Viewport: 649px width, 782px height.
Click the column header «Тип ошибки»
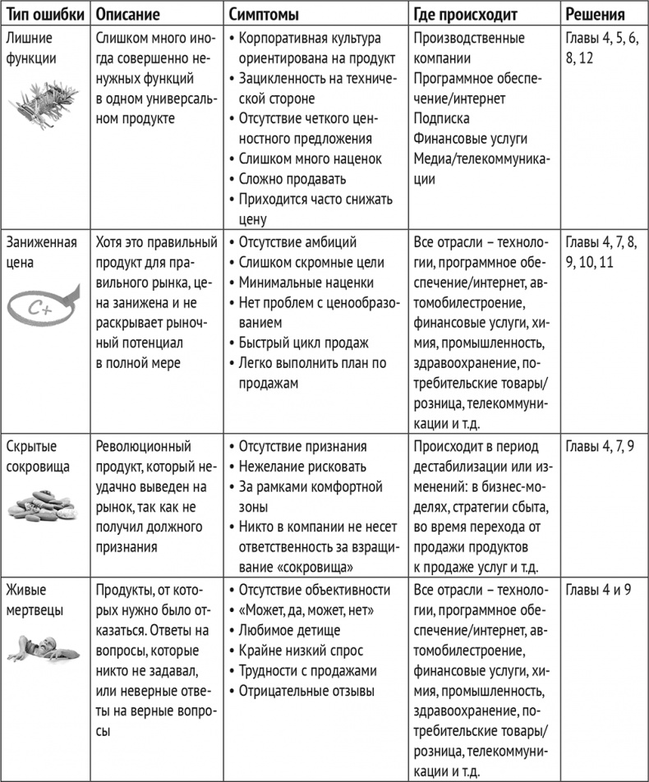[x=43, y=15]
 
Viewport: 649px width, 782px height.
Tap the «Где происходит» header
[x=466, y=15]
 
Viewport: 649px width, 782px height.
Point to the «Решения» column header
[x=596, y=15]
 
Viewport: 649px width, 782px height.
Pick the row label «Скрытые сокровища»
[x=38, y=456]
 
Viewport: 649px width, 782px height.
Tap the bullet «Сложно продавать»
[x=292, y=179]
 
